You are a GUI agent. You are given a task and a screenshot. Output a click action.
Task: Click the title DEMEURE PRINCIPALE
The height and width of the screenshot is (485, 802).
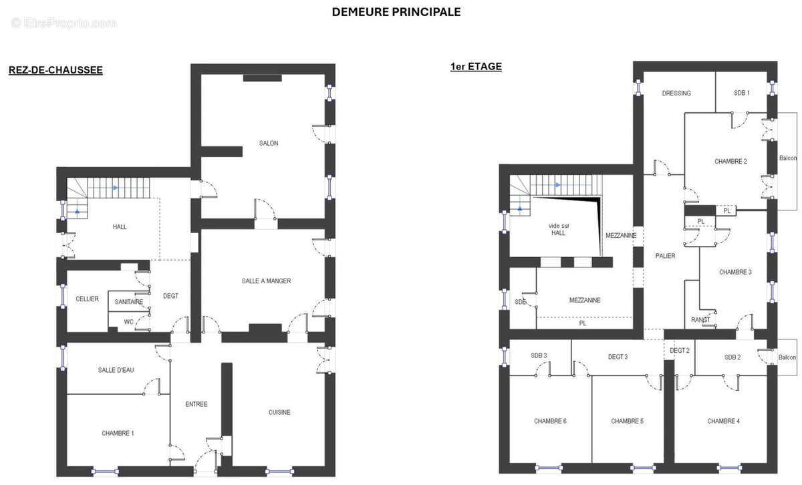(396, 12)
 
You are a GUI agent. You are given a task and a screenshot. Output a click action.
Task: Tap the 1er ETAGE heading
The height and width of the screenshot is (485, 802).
(476, 67)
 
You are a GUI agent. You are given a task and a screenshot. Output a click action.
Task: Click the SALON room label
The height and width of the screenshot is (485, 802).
(269, 143)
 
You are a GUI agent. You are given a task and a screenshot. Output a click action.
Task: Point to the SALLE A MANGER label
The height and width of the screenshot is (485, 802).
(266, 281)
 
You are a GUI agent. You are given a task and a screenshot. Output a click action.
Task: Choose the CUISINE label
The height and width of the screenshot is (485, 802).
(279, 412)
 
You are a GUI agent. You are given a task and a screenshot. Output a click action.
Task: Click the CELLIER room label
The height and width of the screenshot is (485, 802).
(87, 299)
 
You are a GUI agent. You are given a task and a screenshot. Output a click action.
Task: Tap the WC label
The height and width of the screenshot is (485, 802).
(128, 321)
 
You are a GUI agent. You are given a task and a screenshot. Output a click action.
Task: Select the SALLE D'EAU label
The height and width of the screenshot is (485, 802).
(116, 370)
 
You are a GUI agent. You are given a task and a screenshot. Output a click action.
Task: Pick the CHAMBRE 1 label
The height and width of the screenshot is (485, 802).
(118, 433)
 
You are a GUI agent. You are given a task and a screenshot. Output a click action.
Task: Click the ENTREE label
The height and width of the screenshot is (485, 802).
(196, 404)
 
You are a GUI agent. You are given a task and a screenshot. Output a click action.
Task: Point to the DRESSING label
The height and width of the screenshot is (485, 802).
(676, 93)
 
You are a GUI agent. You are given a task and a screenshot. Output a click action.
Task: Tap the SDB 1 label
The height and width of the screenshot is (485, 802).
(741, 93)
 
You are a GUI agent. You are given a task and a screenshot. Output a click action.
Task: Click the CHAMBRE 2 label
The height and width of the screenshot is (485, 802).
(730, 161)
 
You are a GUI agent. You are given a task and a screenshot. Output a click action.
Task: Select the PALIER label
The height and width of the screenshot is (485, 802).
(665, 256)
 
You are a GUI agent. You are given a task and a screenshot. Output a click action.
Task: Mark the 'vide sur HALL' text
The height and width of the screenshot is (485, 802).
(559, 228)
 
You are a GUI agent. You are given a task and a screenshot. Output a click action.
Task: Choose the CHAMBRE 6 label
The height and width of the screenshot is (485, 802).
(550, 421)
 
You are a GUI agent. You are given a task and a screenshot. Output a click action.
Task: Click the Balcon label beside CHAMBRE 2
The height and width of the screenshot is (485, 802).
(788, 158)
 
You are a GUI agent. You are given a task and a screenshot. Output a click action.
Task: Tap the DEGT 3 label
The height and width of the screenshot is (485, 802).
(617, 357)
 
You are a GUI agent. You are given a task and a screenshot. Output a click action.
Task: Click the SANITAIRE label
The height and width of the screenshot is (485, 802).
(129, 302)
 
